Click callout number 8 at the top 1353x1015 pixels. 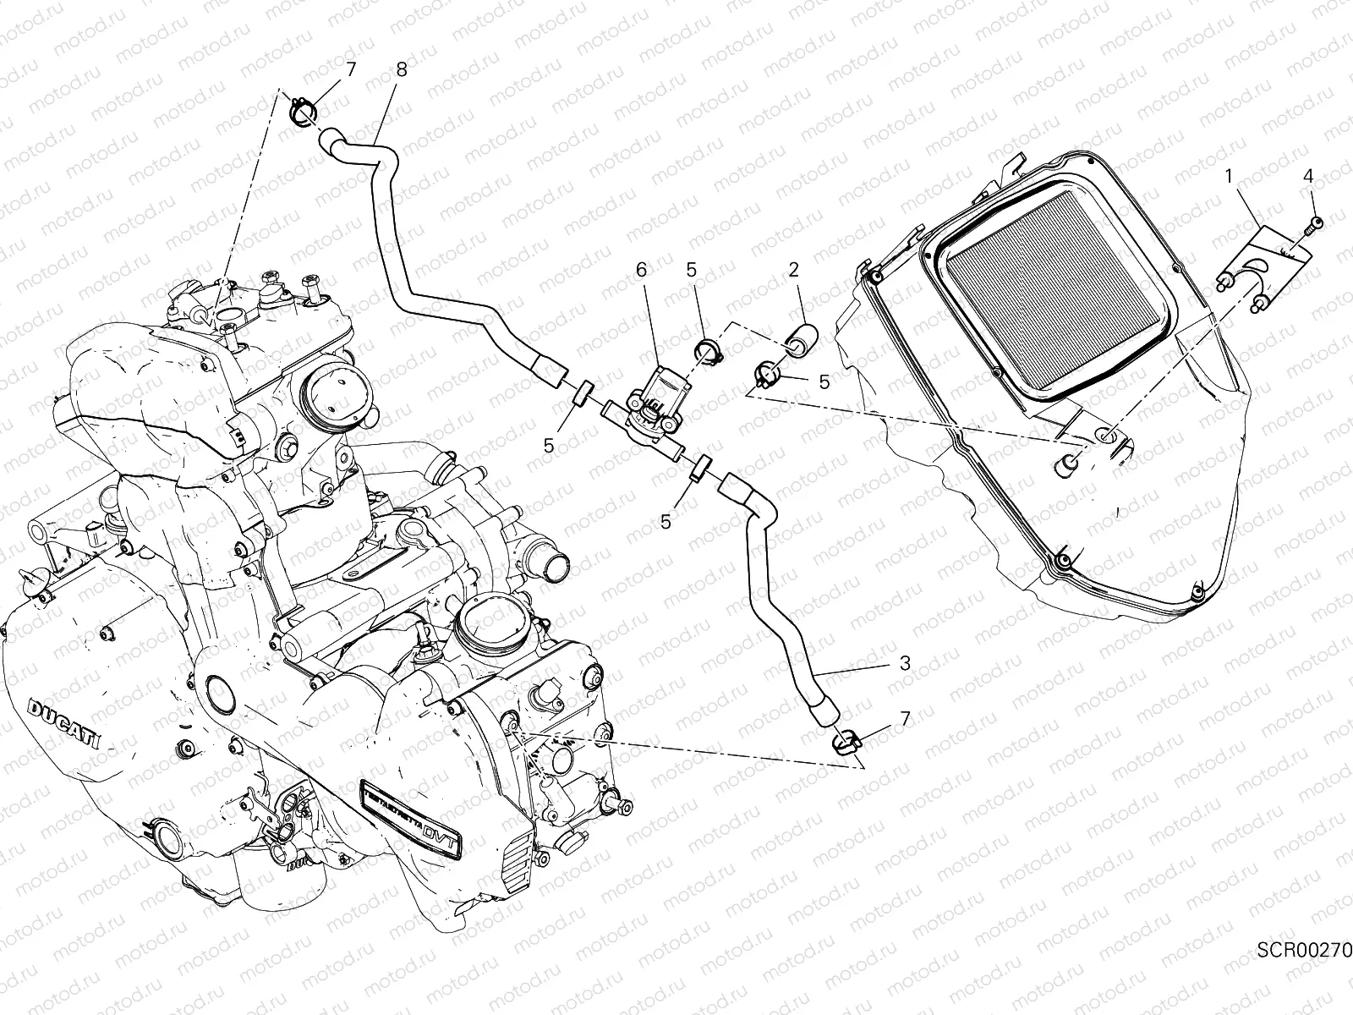[401, 70]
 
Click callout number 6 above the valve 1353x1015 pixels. [640, 270]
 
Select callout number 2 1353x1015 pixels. [793, 270]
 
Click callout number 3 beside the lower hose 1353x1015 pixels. [905, 664]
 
